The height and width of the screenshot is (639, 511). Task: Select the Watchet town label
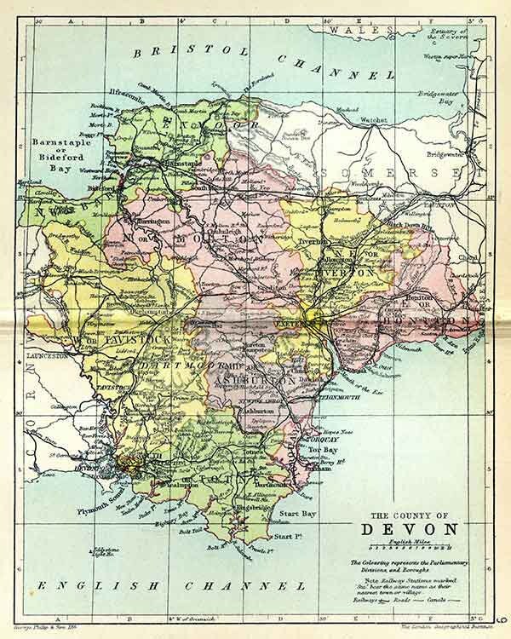coord(371,120)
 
